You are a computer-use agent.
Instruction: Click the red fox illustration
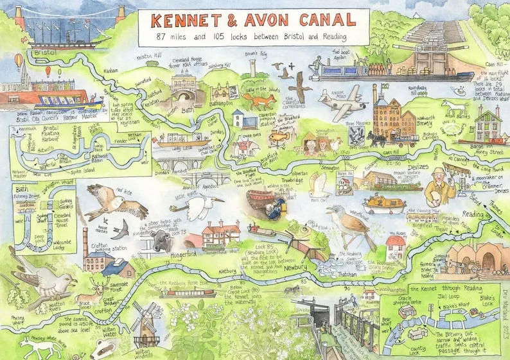[x=259, y=101]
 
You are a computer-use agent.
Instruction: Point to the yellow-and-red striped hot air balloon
[x=19, y=60]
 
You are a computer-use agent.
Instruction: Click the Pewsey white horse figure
[x=39, y=347]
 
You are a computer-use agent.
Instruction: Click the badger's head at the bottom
[x=103, y=350]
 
